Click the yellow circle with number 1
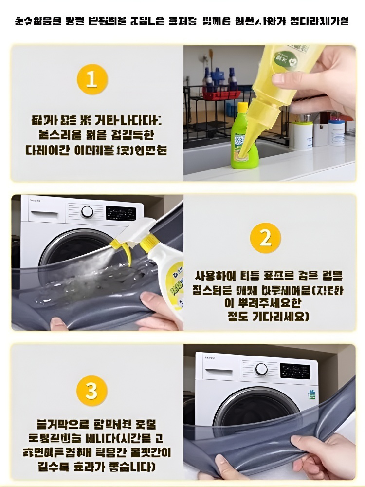click(91, 78)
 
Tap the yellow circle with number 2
click(265, 238)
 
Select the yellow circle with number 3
click(91, 391)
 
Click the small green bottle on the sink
click(243, 139)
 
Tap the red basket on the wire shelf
click(221, 94)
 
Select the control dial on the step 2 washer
click(87, 211)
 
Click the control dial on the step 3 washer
click(261, 369)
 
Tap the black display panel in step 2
click(121, 213)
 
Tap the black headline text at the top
click(182, 21)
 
